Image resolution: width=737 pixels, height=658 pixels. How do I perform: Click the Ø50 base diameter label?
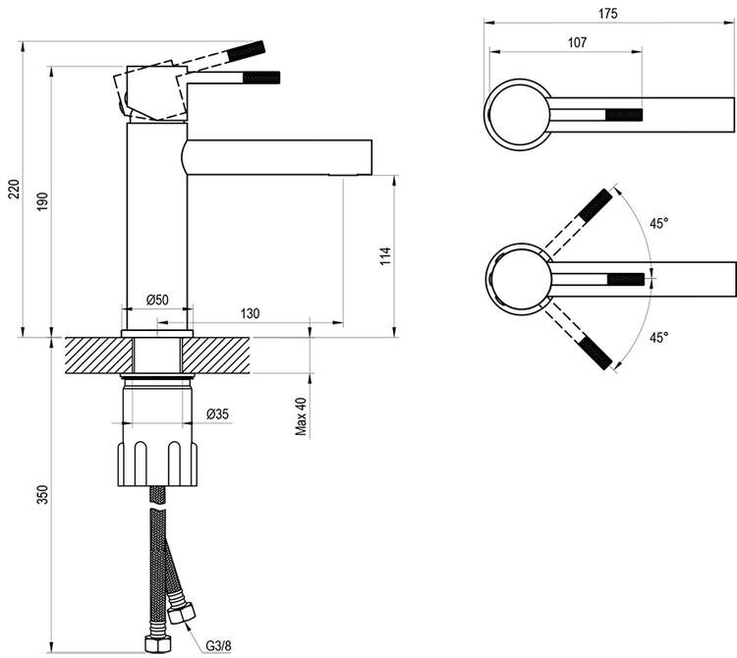point(157,300)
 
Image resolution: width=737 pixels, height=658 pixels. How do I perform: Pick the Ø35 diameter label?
point(217,414)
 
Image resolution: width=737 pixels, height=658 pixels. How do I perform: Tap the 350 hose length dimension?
point(42,494)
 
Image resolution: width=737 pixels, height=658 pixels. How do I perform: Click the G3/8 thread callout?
point(220,645)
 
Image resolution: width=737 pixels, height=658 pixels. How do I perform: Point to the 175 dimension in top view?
point(610,14)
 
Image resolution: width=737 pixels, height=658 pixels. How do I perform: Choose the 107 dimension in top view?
point(577,42)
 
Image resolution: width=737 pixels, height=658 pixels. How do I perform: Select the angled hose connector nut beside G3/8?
point(181,615)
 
